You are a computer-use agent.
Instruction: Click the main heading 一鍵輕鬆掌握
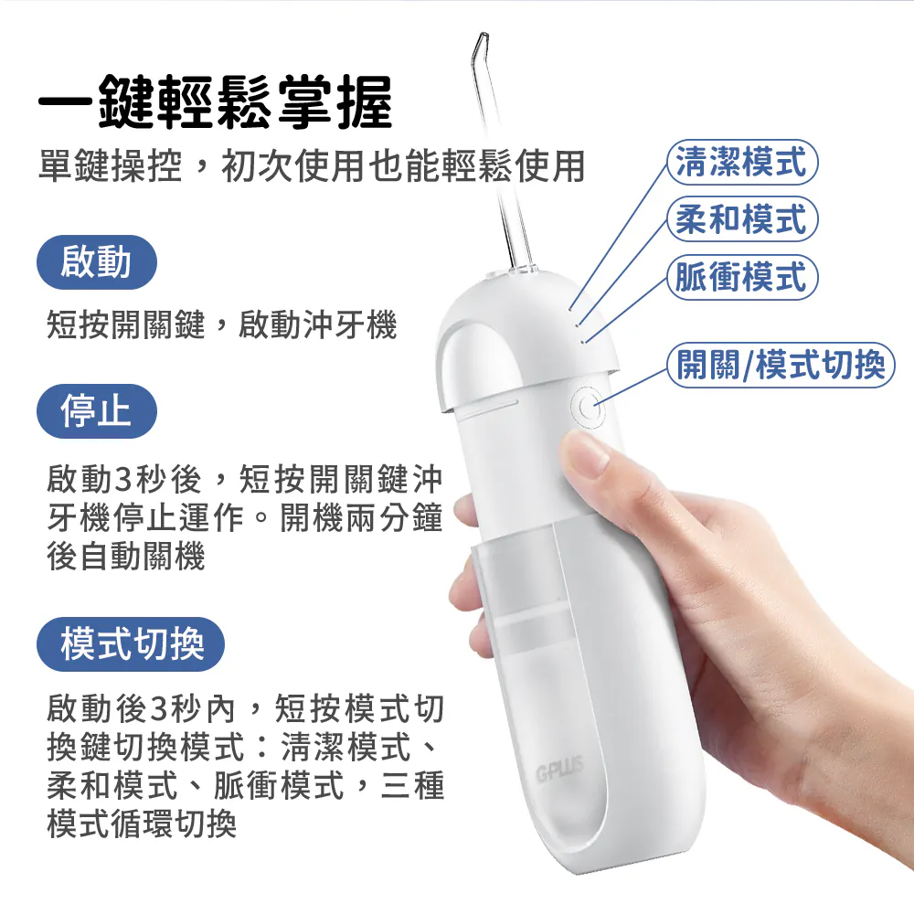coord(216,102)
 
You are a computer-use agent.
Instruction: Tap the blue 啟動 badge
coord(97,261)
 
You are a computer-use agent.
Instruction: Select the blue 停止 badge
coord(97,411)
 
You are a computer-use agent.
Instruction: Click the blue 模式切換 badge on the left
coord(131,644)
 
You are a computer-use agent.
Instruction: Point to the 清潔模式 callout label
coord(742,162)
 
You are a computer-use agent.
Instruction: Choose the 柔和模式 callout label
coord(742,219)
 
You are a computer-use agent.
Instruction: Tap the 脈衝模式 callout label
coord(742,277)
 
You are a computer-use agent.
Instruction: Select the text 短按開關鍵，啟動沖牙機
coord(221,324)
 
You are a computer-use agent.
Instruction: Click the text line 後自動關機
coord(126,556)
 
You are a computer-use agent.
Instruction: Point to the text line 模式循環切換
coord(142,824)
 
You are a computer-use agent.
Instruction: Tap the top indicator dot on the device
coord(570,309)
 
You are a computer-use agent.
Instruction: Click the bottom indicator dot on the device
coord(584,342)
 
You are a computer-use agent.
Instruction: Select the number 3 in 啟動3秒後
coord(124,481)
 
